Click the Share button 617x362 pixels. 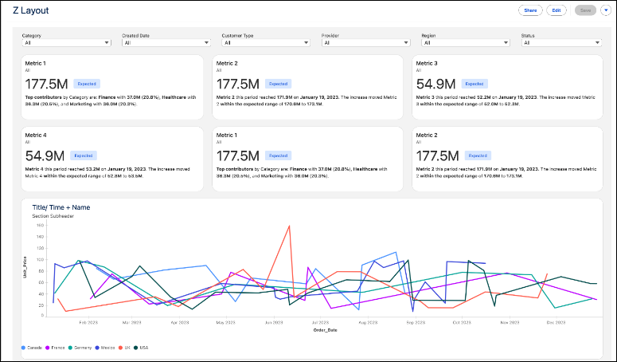click(x=530, y=10)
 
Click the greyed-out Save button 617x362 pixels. click(x=584, y=10)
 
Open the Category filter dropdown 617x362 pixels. click(x=65, y=43)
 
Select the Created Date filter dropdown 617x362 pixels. click(x=165, y=43)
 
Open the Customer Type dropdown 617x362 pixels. click(x=265, y=43)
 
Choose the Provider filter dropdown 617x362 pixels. click(x=365, y=43)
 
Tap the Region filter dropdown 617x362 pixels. click(x=465, y=43)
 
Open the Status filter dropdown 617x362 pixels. click(x=564, y=43)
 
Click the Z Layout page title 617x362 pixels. click(x=29, y=10)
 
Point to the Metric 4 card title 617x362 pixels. click(x=37, y=135)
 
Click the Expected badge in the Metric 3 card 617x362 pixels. click(x=474, y=83)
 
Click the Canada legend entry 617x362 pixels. click(x=33, y=348)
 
